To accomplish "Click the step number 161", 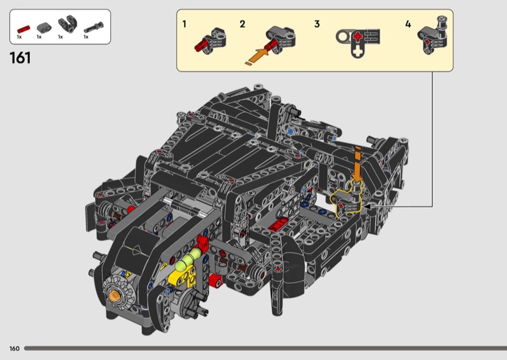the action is [x=20, y=58].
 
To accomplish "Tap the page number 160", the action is [x=15, y=349].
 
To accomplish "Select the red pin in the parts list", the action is [x=23, y=29].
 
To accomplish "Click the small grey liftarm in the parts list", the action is [x=44, y=27].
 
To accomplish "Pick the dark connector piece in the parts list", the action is [x=68, y=23].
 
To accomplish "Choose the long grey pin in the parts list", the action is [x=94, y=27].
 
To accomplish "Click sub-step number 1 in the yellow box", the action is [x=184, y=24].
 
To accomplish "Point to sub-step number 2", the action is [x=243, y=24].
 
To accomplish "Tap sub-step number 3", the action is [x=317, y=24].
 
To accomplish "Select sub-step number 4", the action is [x=408, y=24].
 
